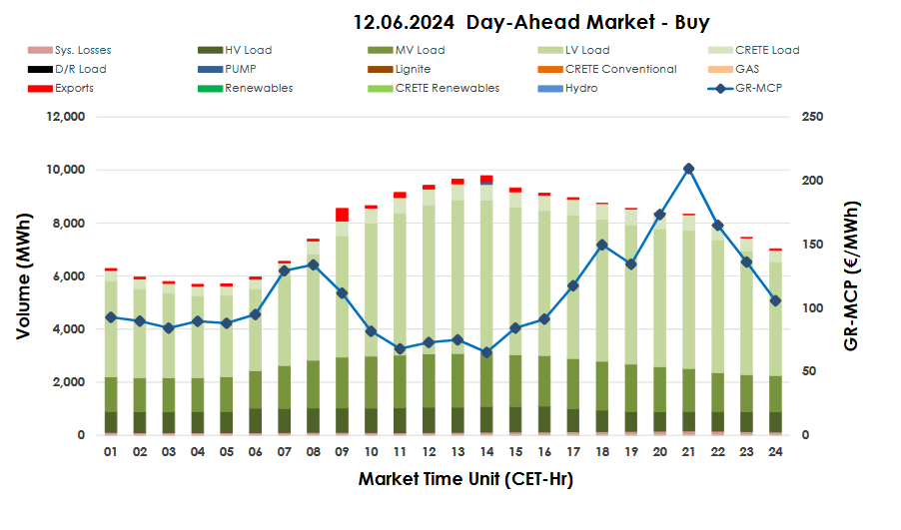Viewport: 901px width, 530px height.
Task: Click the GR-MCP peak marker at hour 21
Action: click(x=688, y=169)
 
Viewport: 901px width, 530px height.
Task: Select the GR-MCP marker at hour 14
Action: click(x=486, y=352)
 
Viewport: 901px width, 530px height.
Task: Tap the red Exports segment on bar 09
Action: click(x=342, y=215)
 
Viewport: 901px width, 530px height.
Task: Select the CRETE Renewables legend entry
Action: click(x=447, y=88)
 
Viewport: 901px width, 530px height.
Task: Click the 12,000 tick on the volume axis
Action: click(x=67, y=117)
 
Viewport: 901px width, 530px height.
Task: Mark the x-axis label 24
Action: click(x=775, y=452)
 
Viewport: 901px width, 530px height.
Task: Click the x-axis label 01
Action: click(x=110, y=452)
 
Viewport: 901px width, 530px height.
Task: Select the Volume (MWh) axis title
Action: click(x=23, y=275)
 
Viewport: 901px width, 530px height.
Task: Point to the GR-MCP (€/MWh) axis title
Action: click(x=852, y=275)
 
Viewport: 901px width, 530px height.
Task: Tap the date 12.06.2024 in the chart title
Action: click(x=405, y=22)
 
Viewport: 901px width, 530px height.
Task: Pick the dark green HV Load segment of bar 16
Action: click(x=544, y=419)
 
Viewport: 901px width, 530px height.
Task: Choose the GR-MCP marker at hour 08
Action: click(x=313, y=265)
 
